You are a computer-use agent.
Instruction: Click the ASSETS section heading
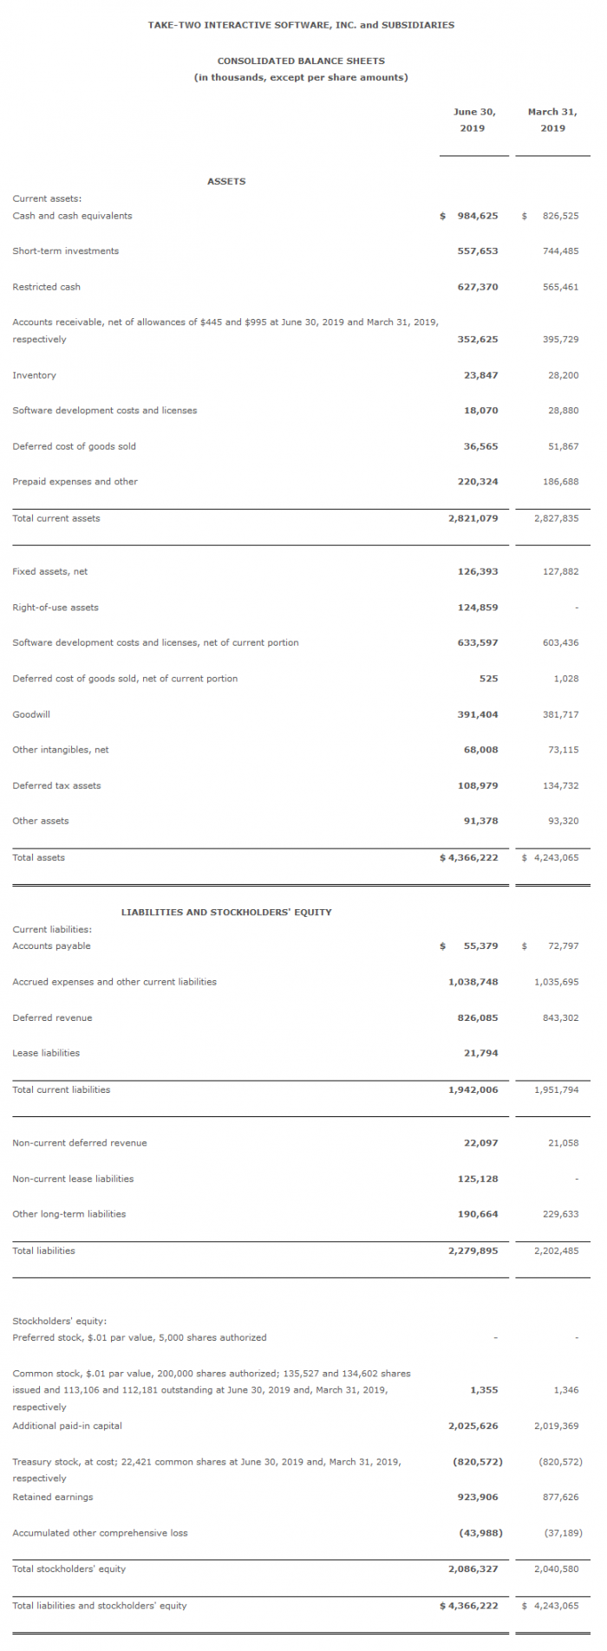pos(226,181)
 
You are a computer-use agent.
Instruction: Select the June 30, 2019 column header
pos(473,120)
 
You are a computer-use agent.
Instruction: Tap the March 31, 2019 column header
pos(552,120)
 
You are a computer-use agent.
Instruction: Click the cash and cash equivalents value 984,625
pos(478,216)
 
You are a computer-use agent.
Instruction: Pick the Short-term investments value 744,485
pos(560,251)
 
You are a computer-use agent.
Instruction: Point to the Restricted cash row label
pos(46,287)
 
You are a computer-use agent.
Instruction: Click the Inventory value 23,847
pos(481,375)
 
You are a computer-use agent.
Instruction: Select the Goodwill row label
pos(31,714)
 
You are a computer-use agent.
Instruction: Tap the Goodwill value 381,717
pos(560,714)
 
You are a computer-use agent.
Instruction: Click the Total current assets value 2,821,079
pos(473,518)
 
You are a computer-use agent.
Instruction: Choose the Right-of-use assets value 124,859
pos(478,608)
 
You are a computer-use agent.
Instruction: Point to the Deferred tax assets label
pos(56,786)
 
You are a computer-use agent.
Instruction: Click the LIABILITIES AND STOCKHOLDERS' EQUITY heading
pos(226,912)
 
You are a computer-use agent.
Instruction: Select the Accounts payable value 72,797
pos(564,946)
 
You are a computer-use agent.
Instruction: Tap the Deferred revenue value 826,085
pos(478,1017)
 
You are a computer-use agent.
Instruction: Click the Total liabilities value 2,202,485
pos(557,1251)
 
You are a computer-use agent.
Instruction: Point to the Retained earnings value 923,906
pos(478,1497)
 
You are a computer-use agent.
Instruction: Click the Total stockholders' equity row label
pos(69,1569)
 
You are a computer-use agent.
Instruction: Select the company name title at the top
pos(301,25)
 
